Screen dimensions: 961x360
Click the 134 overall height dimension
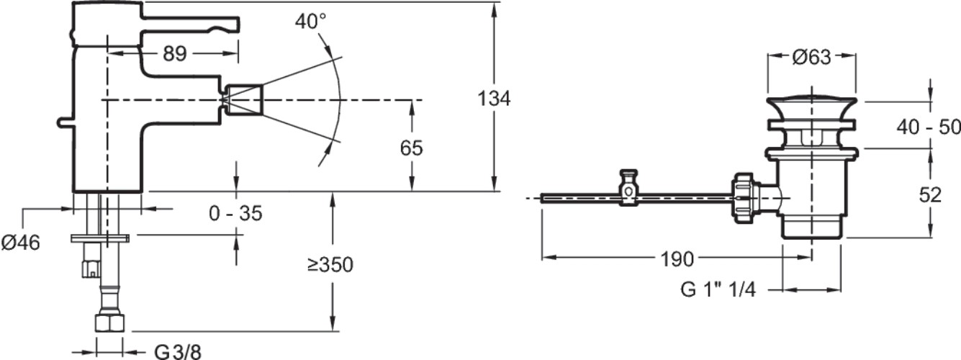click(x=494, y=99)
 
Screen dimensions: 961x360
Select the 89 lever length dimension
click(x=175, y=54)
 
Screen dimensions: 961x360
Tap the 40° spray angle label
click(x=310, y=22)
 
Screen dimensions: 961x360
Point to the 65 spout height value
click(x=411, y=148)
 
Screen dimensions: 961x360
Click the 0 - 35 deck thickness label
click(x=235, y=213)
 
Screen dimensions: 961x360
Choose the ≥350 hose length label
click(x=330, y=265)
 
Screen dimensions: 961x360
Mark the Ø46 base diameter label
click(x=21, y=243)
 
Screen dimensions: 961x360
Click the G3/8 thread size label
click(x=178, y=352)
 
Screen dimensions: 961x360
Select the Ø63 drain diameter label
click(x=811, y=57)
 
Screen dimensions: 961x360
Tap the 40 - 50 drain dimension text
click(x=929, y=127)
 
